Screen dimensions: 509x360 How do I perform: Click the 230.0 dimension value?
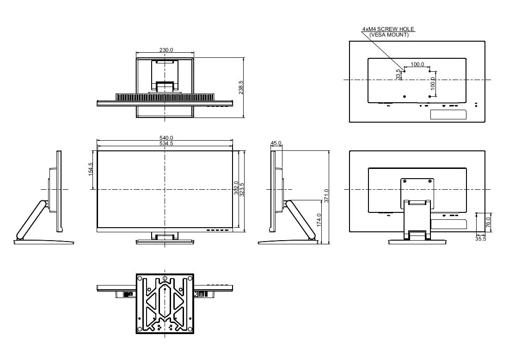pos(166,50)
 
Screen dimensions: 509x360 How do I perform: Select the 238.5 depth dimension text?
pos(241,87)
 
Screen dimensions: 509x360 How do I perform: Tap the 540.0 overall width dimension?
pos(166,138)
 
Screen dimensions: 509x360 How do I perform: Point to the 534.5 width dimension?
pos(166,143)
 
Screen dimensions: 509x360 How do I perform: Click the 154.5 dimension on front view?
pos(91,169)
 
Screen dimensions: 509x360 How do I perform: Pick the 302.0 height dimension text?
pos(236,188)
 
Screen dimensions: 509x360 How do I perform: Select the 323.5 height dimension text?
pos(241,190)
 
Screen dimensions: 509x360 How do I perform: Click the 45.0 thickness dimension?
pos(276,143)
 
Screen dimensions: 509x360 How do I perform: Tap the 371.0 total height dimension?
pos(326,196)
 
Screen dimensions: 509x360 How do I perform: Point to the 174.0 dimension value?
pos(319,220)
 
